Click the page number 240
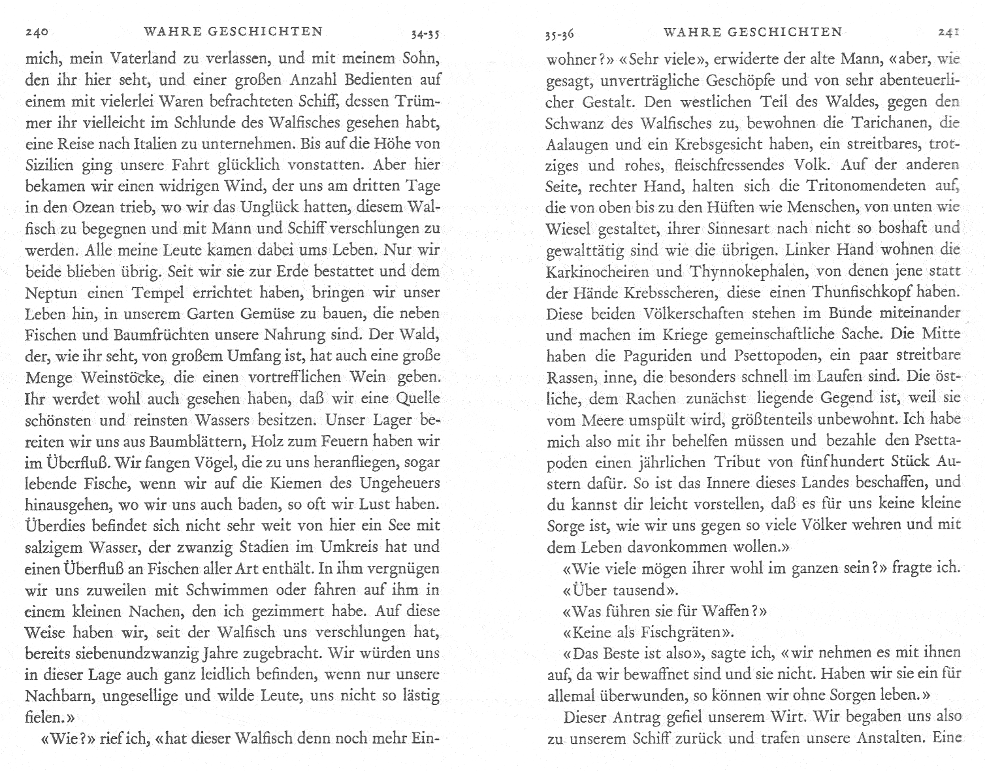(x=38, y=32)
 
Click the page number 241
(x=948, y=32)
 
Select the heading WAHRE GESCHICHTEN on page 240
(x=233, y=31)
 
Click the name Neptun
(x=51, y=293)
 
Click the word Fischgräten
(x=680, y=632)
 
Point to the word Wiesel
(x=568, y=229)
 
